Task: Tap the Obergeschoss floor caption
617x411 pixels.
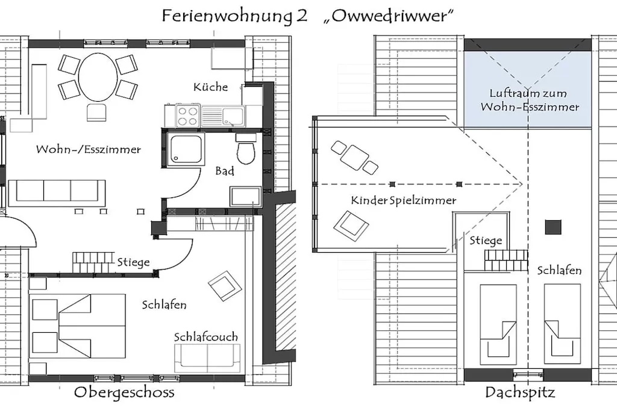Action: tap(124, 393)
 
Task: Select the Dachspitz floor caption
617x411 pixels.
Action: tap(520, 393)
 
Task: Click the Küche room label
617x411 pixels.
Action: tap(211, 87)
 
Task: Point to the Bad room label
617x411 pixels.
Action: tap(225, 172)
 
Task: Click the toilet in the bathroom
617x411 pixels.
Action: tap(246, 151)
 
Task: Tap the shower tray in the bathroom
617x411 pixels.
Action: tap(186, 147)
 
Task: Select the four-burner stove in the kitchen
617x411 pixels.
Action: tap(188, 115)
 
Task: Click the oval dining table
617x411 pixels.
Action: tap(98, 77)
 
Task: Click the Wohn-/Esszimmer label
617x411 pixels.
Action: tap(89, 149)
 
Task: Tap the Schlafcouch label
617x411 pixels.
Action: tap(206, 336)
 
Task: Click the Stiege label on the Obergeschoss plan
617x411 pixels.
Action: tap(134, 262)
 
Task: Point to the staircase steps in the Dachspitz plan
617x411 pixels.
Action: tap(506, 260)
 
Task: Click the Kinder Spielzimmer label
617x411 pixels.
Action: tap(404, 200)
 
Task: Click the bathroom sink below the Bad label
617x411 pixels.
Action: tap(245, 196)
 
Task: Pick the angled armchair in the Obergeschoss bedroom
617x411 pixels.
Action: tap(225, 286)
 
